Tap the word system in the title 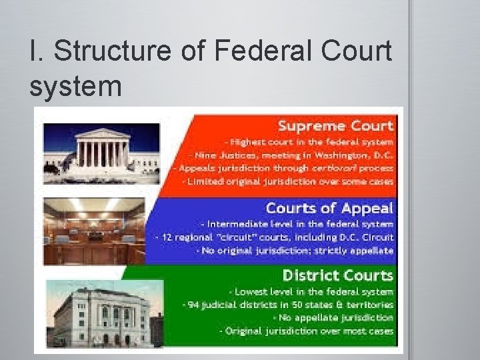(76, 86)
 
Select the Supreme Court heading (335, 125)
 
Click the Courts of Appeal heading (329, 208)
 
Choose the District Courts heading (337, 275)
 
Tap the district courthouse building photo (100, 313)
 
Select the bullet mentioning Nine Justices (297, 155)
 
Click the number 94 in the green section (195, 305)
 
